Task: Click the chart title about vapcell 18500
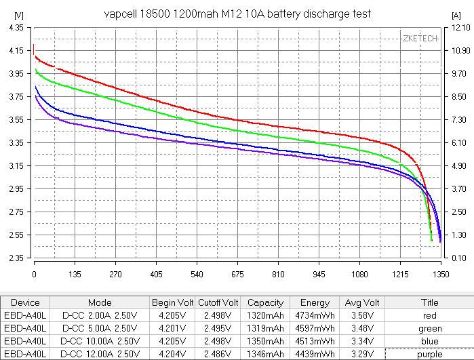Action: click(x=237, y=14)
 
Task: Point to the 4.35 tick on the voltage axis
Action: click(x=14, y=28)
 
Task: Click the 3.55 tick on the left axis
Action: click(x=14, y=120)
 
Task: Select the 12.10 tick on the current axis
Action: click(x=458, y=28)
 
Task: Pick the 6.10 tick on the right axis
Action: click(x=458, y=143)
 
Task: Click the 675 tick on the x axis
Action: click(x=237, y=275)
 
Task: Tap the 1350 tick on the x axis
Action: click(x=440, y=275)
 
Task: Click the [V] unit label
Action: click(x=18, y=14)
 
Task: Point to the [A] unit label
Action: click(x=455, y=14)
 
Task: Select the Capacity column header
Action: click(x=265, y=302)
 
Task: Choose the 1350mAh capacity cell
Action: click(x=265, y=340)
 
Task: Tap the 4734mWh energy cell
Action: click(x=315, y=315)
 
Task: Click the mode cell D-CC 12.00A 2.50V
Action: click(x=99, y=353)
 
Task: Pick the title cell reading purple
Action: click(x=430, y=353)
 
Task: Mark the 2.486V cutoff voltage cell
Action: click(x=218, y=353)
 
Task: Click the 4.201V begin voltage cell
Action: click(x=172, y=328)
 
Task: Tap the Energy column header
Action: click(x=315, y=302)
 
